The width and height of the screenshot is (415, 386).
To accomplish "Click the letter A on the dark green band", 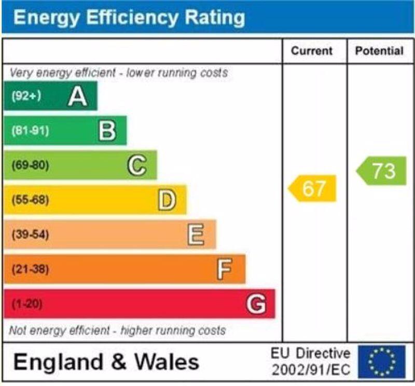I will tap(77, 96).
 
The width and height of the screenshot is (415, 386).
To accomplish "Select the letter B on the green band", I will tap(107, 130).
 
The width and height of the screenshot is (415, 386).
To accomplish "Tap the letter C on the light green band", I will tap(136, 166).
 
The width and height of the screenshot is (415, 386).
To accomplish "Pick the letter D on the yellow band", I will tap(167, 200).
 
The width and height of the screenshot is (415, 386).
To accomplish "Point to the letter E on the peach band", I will tap(196, 235).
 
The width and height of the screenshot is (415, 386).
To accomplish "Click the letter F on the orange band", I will tap(225, 269).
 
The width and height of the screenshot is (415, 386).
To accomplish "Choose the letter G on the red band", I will tap(256, 304).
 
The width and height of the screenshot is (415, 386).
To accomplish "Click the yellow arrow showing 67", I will tap(313, 188).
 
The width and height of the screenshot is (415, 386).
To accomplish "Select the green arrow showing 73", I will tap(382, 171).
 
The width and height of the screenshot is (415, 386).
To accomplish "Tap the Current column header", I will tap(311, 51).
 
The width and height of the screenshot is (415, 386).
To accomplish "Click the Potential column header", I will tap(379, 51).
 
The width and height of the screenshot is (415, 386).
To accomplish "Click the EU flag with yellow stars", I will tap(381, 362).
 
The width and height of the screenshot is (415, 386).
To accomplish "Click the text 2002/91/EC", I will tap(311, 370).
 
